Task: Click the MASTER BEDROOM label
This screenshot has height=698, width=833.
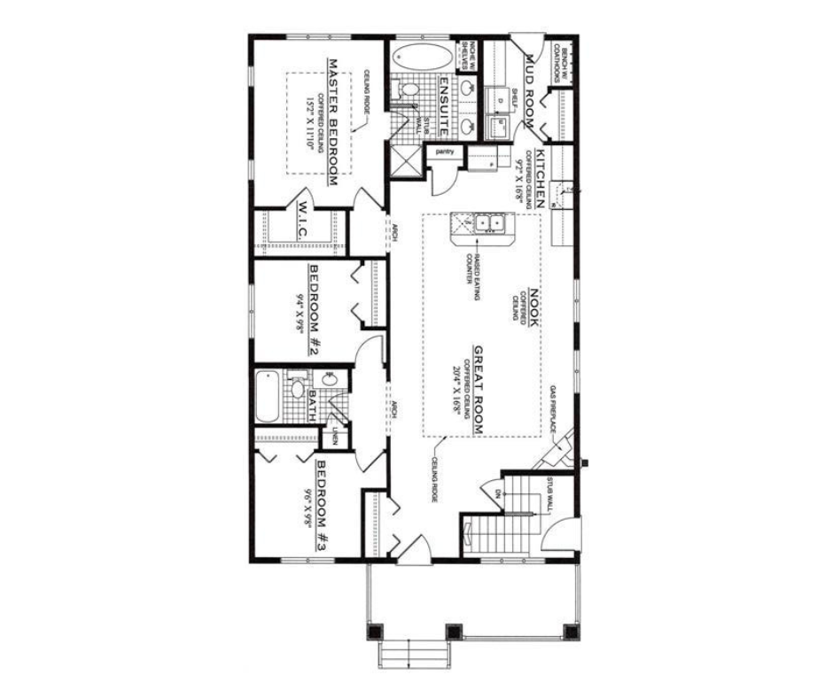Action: click(333, 123)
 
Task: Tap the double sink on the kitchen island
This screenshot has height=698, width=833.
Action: click(487, 223)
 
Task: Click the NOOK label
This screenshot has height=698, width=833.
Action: click(535, 306)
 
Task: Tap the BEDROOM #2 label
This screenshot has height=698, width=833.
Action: click(313, 309)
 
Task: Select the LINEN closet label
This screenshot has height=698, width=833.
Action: click(335, 436)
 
